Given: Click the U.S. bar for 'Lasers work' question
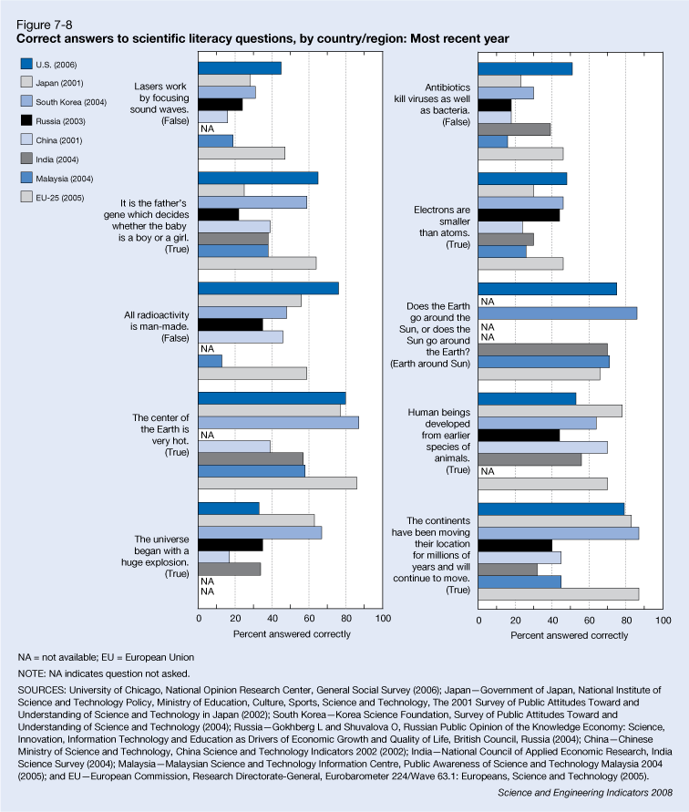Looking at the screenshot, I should coord(240,67).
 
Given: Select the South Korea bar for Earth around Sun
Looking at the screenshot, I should coord(557,313).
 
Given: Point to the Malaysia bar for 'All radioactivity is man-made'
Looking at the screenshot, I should coord(211,361).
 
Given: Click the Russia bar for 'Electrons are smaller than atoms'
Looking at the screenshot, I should coord(519,215).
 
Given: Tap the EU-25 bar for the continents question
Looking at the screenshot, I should coord(558,594).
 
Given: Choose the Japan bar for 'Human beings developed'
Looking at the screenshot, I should coord(550,411).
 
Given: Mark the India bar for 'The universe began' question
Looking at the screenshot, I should coord(230,569).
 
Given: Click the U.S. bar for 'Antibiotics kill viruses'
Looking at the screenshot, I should coord(525,68).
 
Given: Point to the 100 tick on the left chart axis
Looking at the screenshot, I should coord(383,619).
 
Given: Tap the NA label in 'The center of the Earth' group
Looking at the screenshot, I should coord(207,435).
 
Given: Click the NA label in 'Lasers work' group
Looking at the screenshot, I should coord(207,128).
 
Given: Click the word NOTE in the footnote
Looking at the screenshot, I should coord(33,673).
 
